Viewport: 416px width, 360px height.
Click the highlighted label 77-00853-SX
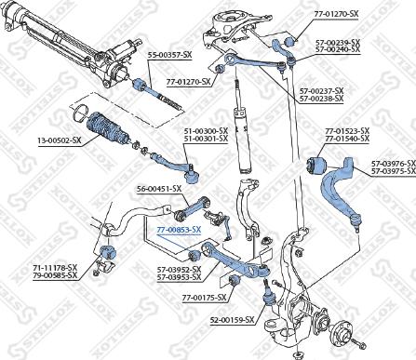pyautogui.click(x=178, y=228)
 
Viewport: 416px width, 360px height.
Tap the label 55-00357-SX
pyautogui.click(x=171, y=55)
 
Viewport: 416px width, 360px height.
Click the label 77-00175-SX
pyautogui.click(x=191, y=297)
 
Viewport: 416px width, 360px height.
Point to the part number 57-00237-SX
pyautogui.click(x=321, y=90)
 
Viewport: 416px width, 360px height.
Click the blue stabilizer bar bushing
pyautogui.click(x=105, y=254)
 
